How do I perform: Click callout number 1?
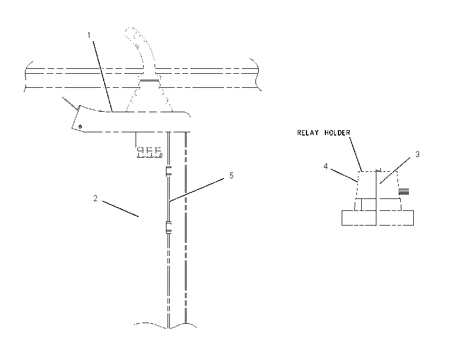pyautogui.click(x=89, y=35)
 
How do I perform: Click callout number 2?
pyautogui.click(x=95, y=198)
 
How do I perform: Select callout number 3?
pyautogui.click(x=417, y=155)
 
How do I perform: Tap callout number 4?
pyautogui.click(x=325, y=166)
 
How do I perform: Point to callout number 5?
pyautogui.click(x=232, y=176)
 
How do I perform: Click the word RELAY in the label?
pyautogui.click(x=308, y=133)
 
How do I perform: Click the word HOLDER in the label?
pyautogui.click(x=337, y=133)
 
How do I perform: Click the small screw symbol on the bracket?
pyautogui.click(x=80, y=126)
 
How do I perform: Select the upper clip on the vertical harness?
pyautogui.click(x=169, y=171)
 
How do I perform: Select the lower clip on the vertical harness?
pyautogui.click(x=169, y=228)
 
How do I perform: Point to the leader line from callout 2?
pyautogui.click(x=120, y=209)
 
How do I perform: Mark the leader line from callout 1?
pyautogui.click(x=103, y=76)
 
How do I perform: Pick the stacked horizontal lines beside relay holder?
pyautogui.click(x=404, y=192)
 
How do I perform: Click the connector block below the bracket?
pyautogui.click(x=149, y=152)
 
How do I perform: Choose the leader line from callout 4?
pyautogui.click(x=344, y=176)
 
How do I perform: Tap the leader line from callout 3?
pyautogui.click(x=395, y=170)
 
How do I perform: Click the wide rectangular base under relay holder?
pyautogui.click(x=377, y=218)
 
